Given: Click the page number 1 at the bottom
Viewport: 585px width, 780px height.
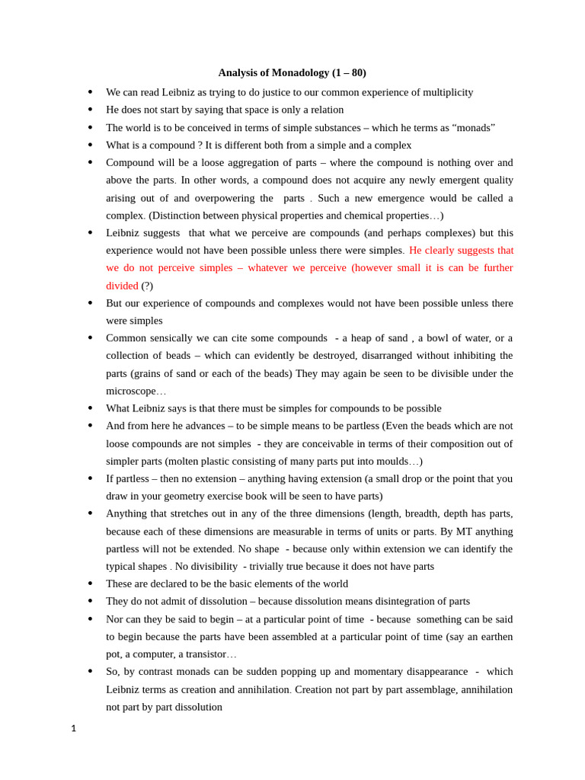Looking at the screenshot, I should click(74, 729).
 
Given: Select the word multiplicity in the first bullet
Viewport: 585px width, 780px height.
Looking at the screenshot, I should click(444, 92).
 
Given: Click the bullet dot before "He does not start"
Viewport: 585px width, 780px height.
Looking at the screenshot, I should click(90, 110).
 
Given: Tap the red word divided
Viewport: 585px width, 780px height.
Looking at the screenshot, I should click(122, 286).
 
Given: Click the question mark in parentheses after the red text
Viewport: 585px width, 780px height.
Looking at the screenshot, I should click(147, 286).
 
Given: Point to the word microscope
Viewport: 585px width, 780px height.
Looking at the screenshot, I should click(130, 391).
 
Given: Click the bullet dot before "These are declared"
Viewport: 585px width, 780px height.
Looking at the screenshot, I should click(90, 583).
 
